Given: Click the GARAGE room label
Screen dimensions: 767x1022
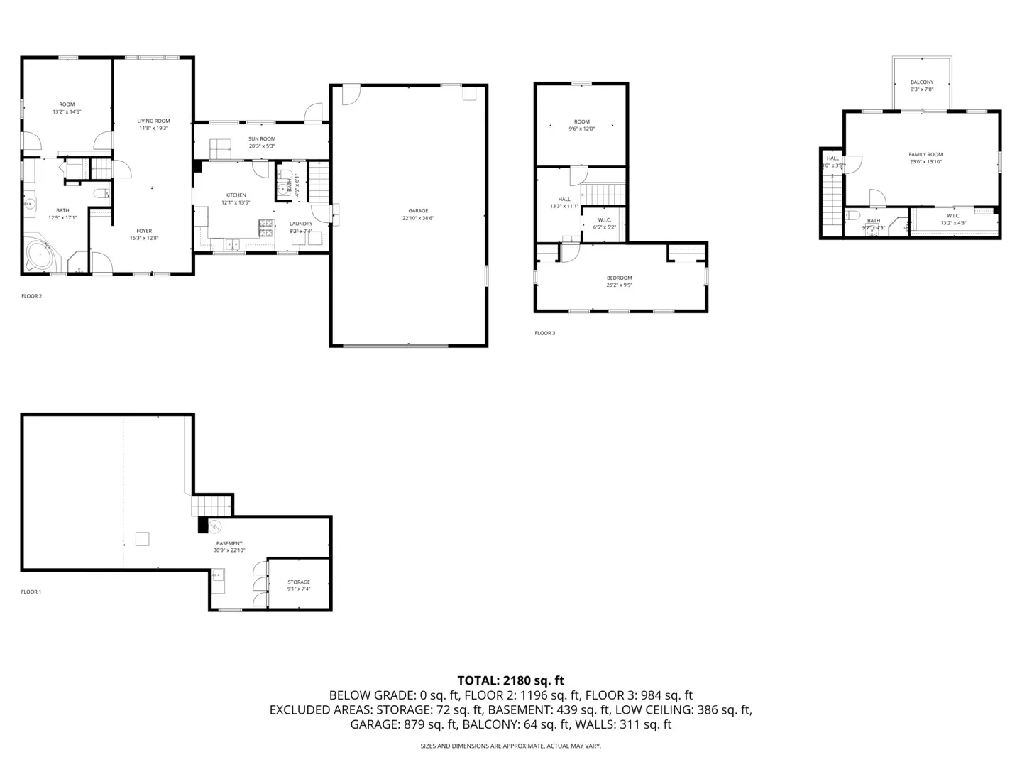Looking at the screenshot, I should tap(418, 211).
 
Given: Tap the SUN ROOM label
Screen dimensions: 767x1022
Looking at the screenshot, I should tap(262, 139).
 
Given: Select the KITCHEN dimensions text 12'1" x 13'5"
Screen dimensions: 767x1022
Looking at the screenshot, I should tap(236, 202).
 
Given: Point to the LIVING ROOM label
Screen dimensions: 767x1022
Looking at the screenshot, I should tap(153, 121).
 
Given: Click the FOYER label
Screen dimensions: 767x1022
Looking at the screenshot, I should tap(144, 231).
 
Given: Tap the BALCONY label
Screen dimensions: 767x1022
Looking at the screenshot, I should tap(922, 82).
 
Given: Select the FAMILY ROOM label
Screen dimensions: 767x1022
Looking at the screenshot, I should tap(925, 155).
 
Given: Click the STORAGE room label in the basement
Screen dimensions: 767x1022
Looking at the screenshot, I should tap(299, 582).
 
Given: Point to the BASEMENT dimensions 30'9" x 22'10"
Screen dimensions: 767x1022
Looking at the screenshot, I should tap(229, 550).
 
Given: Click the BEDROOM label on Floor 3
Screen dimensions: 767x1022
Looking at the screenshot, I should tap(619, 278).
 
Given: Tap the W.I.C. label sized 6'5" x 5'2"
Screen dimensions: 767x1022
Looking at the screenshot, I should tap(605, 220).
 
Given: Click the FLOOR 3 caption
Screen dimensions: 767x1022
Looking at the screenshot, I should tap(545, 333).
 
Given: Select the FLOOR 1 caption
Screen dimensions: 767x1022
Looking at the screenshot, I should tap(31, 592).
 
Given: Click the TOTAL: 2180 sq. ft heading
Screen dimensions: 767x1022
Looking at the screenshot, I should tap(510, 680).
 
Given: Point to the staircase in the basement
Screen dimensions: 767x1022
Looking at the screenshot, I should tap(211, 506).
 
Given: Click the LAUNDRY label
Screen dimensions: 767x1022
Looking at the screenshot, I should tap(301, 224).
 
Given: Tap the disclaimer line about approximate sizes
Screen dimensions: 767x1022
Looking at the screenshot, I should tap(510, 746).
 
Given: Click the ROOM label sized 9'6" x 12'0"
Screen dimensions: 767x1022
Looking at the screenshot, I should tap(581, 122).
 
